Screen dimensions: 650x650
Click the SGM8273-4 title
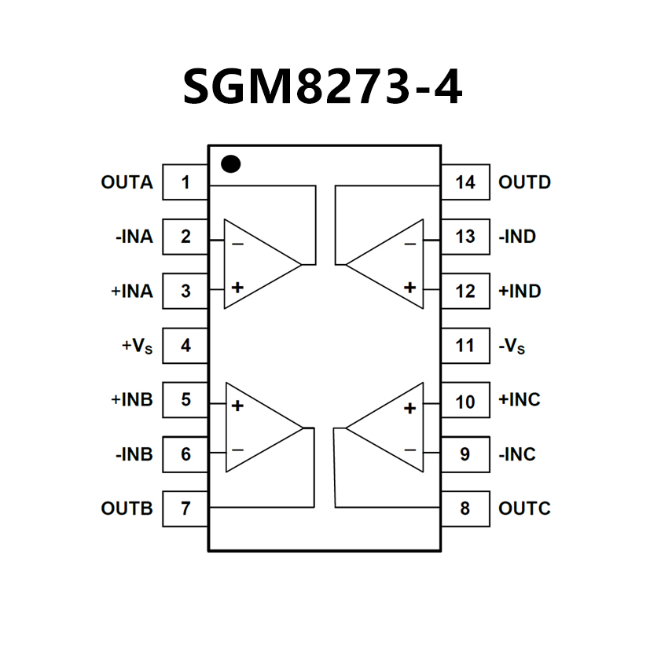(x=323, y=86)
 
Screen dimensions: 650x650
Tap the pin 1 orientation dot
(x=230, y=163)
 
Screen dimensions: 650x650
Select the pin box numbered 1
(x=185, y=183)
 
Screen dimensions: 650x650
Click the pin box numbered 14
(x=465, y=183)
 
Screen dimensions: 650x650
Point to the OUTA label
(x=127, y=183)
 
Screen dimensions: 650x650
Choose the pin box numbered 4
(x=185, y=346)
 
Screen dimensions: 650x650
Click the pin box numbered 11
(x=465, y=346)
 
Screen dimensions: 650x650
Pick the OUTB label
(x=127, y=509)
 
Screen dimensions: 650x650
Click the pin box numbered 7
(x=185, y=509)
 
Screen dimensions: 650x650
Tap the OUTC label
(x=524, y=509)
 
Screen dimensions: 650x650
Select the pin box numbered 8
(x=465, y=509)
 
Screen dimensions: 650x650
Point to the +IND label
(x=520, y=292)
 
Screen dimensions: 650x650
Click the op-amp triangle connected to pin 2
(x=255, y=264)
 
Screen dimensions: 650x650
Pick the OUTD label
(x=524, y=183)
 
